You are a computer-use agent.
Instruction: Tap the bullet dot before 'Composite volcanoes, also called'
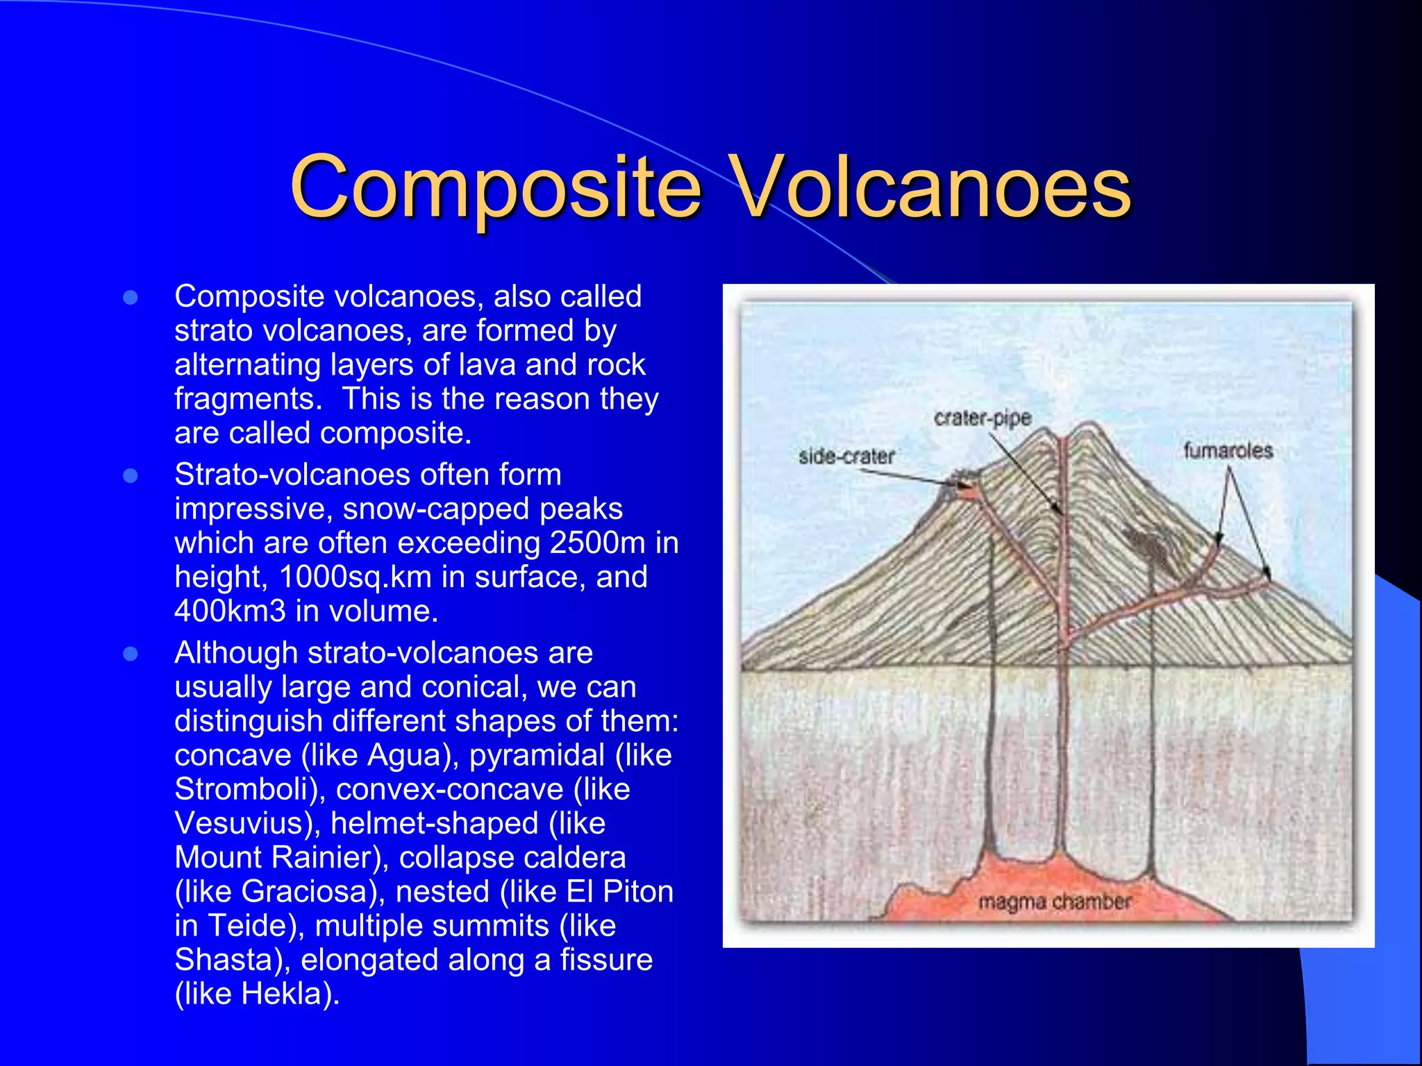[x=130, y=298]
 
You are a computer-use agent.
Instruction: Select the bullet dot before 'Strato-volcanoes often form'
[x=130, y=476]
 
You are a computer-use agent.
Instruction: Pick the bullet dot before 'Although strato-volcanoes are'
[x=130, y=654]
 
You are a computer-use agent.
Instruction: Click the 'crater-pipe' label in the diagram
[x=982, y=418]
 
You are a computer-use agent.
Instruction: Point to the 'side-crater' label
[x=846, y=456]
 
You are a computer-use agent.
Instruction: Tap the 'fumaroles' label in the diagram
[x=1228, y=450]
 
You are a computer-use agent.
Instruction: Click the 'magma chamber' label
[x=1054, y=902]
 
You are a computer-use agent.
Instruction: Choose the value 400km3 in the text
[x=230, y=611]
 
